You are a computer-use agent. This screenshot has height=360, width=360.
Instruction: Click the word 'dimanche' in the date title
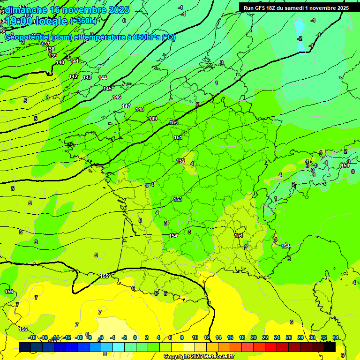(x=25, y=10)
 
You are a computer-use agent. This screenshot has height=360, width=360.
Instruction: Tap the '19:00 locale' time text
(x=36, y=21)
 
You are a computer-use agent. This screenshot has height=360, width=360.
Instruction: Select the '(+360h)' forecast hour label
(x=83, y=21)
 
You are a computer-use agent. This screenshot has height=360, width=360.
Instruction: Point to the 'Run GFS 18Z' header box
(x=296, y=8)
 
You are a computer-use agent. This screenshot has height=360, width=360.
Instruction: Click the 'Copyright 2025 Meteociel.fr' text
(x=199, y=356)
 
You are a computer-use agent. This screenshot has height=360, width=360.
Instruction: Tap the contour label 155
(x=104, y=276)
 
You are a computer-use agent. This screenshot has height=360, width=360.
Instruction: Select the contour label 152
(x=180, y=161)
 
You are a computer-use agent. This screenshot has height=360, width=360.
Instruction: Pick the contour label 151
(x=178, y=137)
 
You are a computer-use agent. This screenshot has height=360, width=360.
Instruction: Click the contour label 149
(x=153, y=119)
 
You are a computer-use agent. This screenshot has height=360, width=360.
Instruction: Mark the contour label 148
(x=140, y=109)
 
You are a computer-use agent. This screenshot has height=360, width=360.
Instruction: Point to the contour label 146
(x=117, y=97)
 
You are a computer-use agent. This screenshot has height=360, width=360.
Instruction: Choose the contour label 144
(x=103, y=78)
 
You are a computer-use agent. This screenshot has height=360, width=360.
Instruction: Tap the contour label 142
(x=73, y=76)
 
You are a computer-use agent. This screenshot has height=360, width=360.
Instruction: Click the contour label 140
(x=60, y=62)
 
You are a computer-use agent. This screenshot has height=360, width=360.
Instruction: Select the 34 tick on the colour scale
(x=336, y=337)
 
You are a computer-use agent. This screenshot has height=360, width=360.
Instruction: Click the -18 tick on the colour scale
(x=32, y=337)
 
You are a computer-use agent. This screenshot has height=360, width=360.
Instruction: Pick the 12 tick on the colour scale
(x=207, y=337)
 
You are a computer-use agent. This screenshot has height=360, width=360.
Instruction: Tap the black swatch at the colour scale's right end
(x=330, y=347)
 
